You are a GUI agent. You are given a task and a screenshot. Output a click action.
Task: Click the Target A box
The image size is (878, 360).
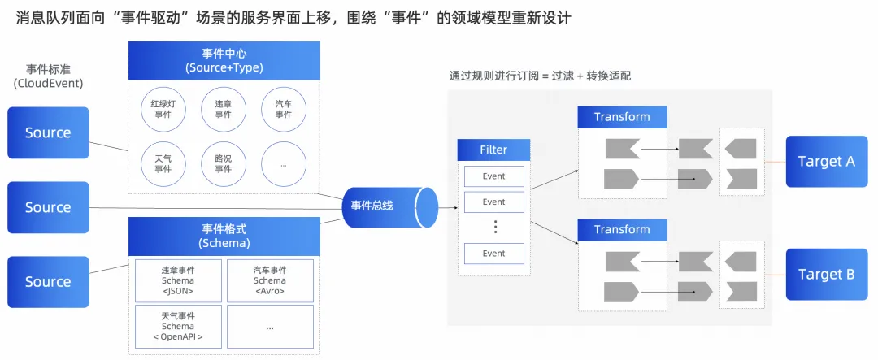tap(826, 161)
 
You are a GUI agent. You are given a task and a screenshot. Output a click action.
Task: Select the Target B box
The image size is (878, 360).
tap(826, 274)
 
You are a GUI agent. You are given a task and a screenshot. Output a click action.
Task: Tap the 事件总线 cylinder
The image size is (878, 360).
tap(382, 206)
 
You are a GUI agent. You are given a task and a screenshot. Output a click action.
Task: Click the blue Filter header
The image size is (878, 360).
tap(493, 150)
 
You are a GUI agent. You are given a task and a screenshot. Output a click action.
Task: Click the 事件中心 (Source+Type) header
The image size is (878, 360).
tap(224, 60)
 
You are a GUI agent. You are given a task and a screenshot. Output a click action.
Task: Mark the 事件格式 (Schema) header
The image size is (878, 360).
tap(224, 236)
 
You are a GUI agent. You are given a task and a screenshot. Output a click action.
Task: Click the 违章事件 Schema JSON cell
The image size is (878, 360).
tap(177, 280)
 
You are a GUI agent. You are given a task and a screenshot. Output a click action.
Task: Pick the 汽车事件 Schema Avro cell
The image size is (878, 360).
tap(270, 280)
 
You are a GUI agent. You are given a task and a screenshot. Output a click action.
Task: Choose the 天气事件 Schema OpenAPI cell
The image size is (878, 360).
tap(177, 326)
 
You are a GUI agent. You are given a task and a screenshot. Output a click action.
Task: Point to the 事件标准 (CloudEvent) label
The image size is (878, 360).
tap(48, 76)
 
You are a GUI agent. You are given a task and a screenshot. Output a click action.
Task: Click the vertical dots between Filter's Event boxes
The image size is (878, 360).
tap(494, 227)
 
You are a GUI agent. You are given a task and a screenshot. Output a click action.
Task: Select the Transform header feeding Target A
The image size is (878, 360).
tap(622, 117)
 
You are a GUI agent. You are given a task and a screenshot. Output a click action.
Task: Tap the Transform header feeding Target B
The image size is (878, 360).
tap(622, 229)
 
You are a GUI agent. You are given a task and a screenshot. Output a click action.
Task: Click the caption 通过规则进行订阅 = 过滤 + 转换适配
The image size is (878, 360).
tap(540, 76)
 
